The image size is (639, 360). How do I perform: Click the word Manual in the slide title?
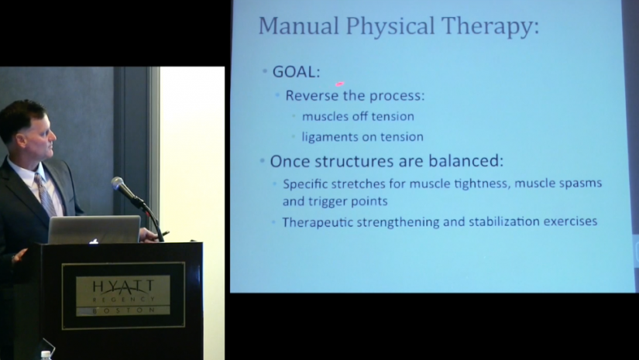tap(299, 26)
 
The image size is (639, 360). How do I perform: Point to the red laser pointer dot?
tap(339, 84)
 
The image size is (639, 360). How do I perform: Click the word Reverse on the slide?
tap(312, 95)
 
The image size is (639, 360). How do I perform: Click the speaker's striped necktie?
tap(45, 194)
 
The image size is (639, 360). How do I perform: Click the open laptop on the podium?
tap(94, 230)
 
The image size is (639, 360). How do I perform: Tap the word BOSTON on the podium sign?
tap(123, 310)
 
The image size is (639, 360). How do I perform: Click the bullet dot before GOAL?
tap(265, 72)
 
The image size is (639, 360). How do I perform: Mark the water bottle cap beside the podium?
tap(46, 355)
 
